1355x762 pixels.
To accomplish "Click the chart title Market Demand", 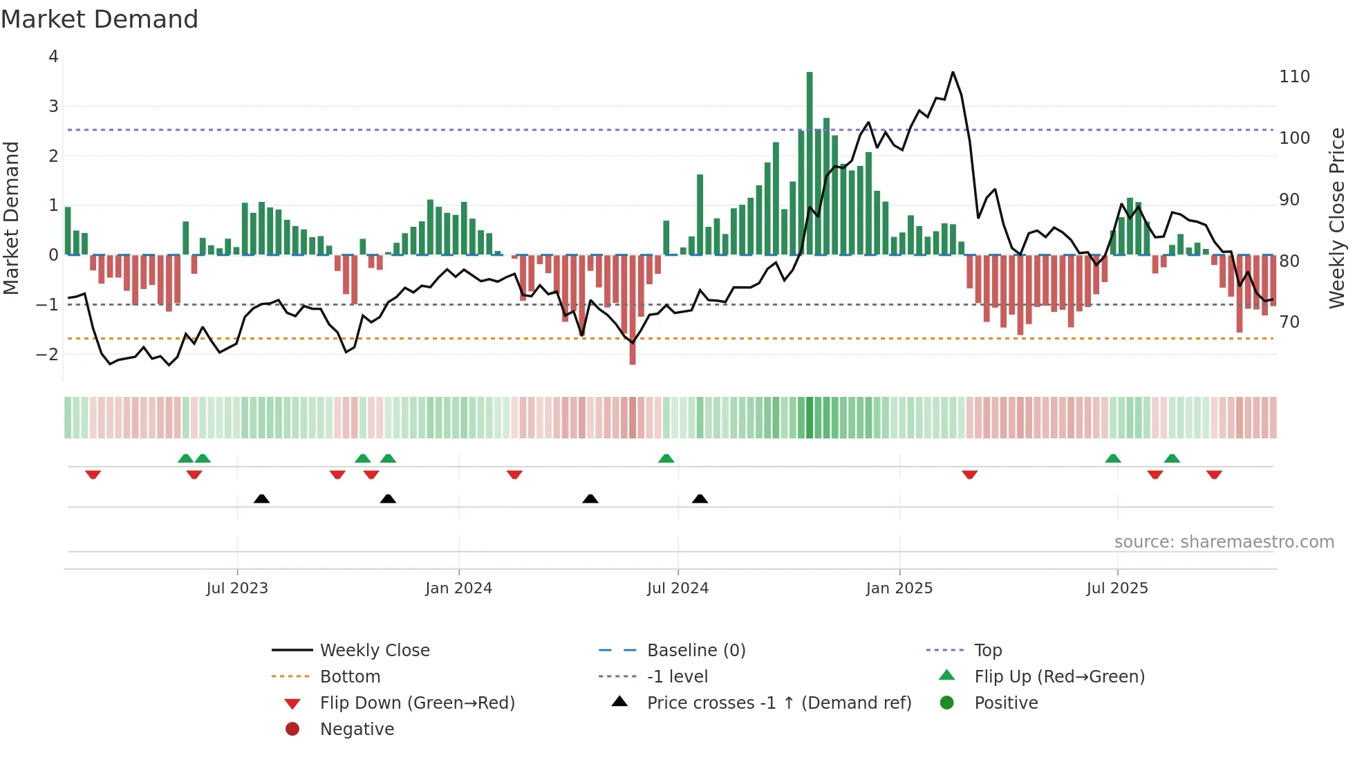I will (x=100, y=19).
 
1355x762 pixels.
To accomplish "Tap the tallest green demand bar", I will (x=810, y=163).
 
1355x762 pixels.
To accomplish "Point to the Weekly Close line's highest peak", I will (x=953, y=72).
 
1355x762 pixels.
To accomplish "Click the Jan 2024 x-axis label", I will (x=458, y=588).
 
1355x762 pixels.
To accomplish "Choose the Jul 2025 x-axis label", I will (x=1116, y=588).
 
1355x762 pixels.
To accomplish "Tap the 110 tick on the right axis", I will (x=1294, y=77).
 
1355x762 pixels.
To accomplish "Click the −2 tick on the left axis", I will (x=48, y=354).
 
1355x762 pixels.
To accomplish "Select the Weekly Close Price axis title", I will (x=1337, y=218).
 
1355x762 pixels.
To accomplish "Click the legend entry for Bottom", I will (x=350, y=677).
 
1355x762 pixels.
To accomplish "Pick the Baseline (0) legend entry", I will (x=695, y=651).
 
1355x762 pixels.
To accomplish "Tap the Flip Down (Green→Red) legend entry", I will (x=417, y=703).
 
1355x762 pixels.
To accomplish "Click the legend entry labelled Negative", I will (x=357, y=730).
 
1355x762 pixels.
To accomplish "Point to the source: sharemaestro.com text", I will (x=1224, y=542).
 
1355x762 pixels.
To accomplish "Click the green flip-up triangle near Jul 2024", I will (x=666, y=458).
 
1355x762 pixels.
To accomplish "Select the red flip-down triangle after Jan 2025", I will (x=969, y=474).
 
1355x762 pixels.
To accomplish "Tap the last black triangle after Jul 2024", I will (x=700, y=499).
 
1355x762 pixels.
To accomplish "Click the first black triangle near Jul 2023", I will (x=261, y=499).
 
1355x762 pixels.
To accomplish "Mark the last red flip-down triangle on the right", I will (x=1214, y=474).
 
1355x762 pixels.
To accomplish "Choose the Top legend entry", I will (x=987, y=651).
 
